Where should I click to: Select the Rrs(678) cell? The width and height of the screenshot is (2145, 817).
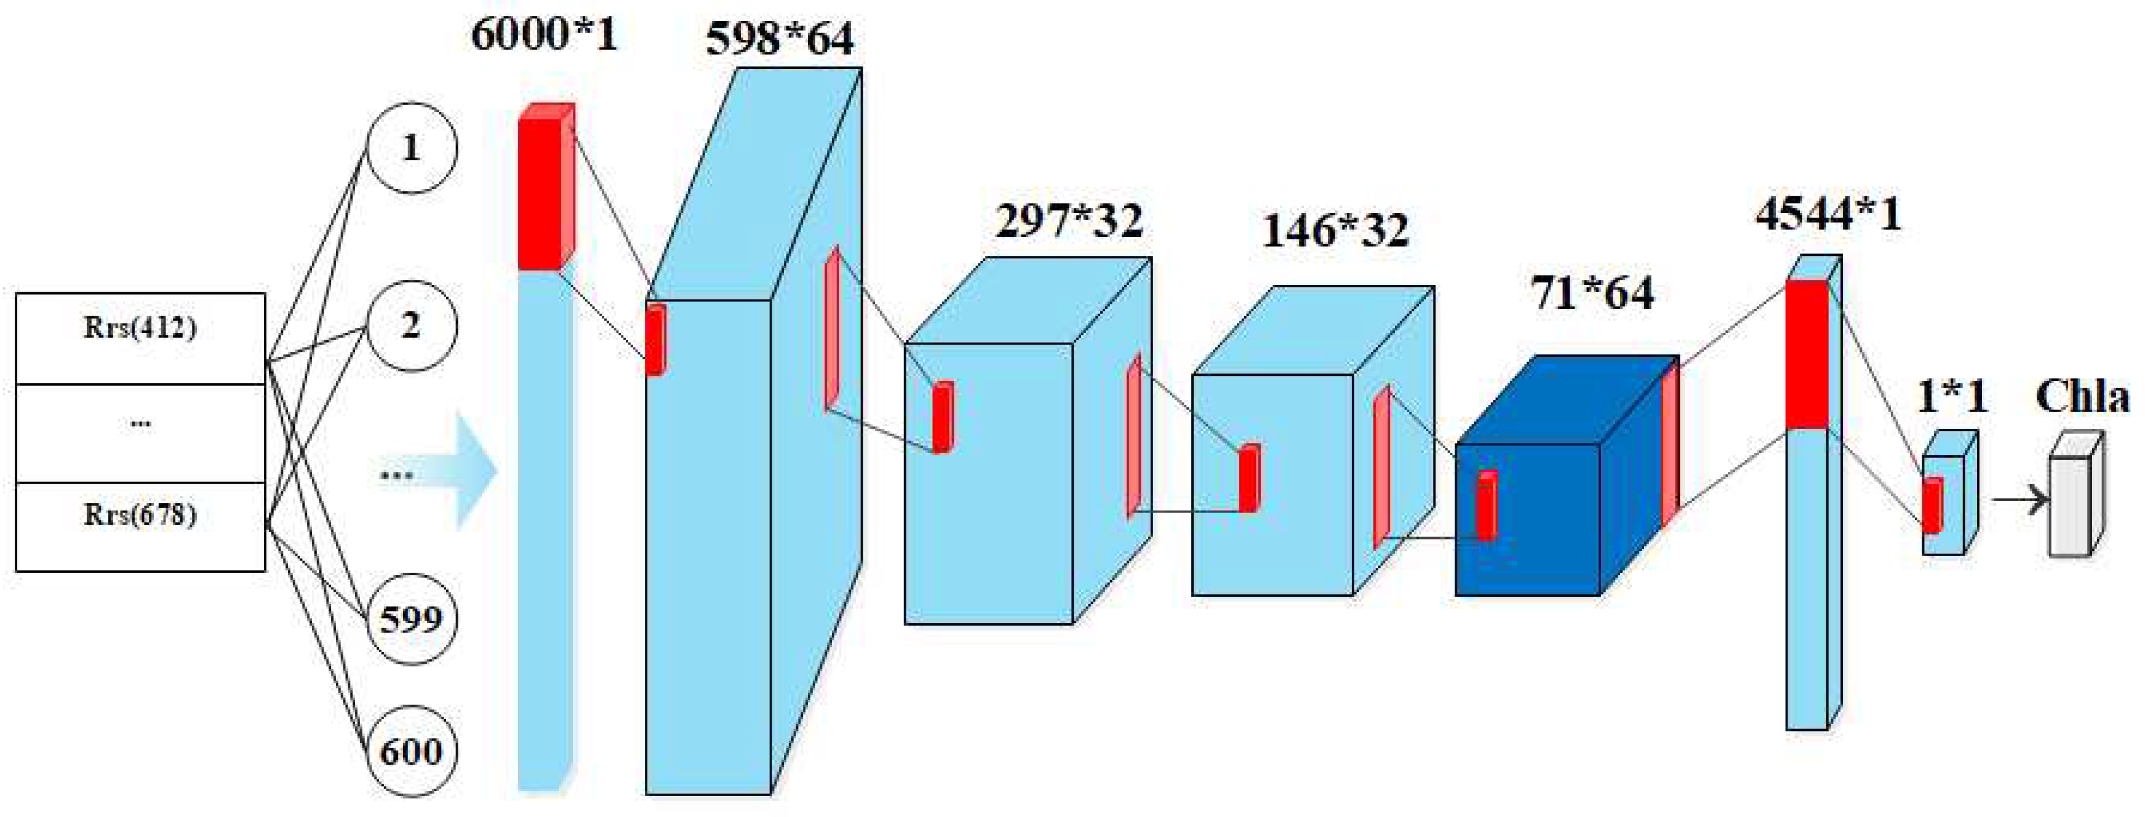[x=140, y=525]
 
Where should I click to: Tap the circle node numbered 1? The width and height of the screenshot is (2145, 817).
[x=412, y=148]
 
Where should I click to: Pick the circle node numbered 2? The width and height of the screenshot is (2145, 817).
[x=412, y=325]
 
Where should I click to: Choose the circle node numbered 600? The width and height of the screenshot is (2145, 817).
[x=412, y=751]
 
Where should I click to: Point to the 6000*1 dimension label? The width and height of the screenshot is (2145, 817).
[x=545, y=35]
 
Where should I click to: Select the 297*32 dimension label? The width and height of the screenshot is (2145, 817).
[x=1069, y=221]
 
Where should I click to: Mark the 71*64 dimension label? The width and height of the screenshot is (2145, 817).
[x=1592, y=293]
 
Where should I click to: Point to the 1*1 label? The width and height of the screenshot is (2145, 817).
[x=1952, y=396]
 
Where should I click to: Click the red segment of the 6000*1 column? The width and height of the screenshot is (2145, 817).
[x=540, y=193]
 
